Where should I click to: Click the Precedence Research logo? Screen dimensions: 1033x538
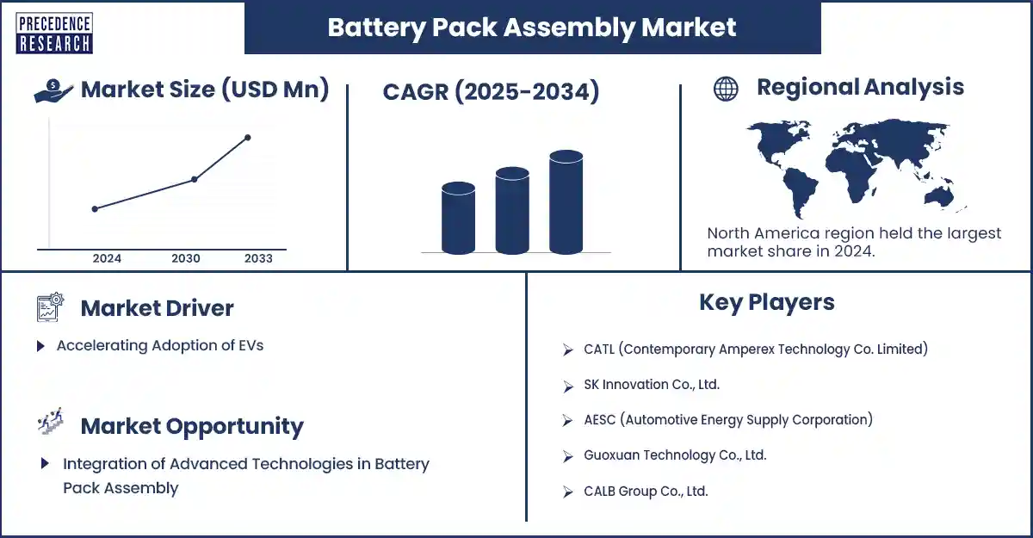(54, 34)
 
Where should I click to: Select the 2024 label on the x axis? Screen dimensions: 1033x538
(107, 258)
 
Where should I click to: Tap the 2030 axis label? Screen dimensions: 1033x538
(186, 258)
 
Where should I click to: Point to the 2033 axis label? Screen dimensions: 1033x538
(259, 258)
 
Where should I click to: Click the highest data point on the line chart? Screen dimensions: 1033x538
(248, 138)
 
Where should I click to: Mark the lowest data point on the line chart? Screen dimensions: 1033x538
(95, 209)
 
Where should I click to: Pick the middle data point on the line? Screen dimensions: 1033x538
(195, 179)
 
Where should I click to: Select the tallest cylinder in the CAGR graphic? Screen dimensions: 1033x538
(566, 202)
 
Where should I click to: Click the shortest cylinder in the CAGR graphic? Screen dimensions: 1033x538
(458, 218)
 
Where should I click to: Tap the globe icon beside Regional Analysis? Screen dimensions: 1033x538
(726, 89)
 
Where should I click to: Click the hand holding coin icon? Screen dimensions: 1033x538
(53, 90)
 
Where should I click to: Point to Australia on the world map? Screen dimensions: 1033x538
(939, 197)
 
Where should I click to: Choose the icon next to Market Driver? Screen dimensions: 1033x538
(50, 307)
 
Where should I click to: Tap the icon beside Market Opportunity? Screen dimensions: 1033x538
(51, 421)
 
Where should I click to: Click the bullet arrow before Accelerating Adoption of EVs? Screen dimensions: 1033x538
(40, 346)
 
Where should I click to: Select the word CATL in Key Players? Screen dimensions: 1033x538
(599, 349)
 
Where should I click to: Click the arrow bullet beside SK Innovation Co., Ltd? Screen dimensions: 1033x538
(567, 386)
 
